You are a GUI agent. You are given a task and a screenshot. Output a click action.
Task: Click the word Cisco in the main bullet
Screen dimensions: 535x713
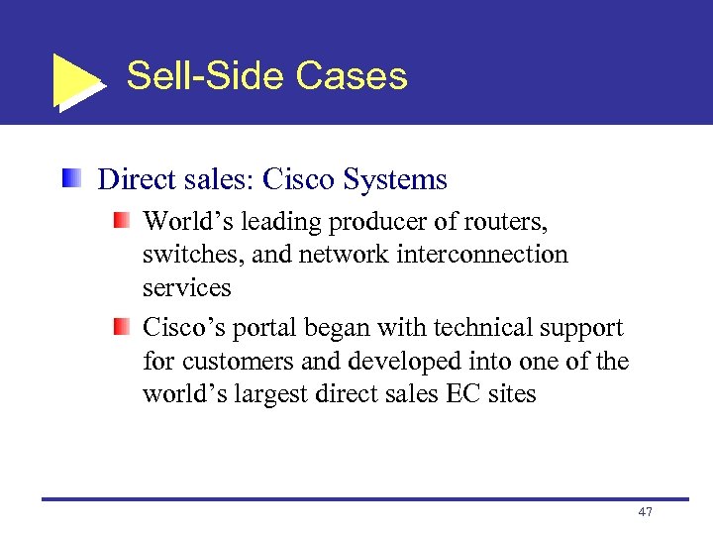[x=299, y=179]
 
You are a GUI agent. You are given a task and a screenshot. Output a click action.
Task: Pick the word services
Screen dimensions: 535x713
[x=187, y=288]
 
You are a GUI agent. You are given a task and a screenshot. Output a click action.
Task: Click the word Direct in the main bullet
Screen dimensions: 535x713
[x=135, y=179]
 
